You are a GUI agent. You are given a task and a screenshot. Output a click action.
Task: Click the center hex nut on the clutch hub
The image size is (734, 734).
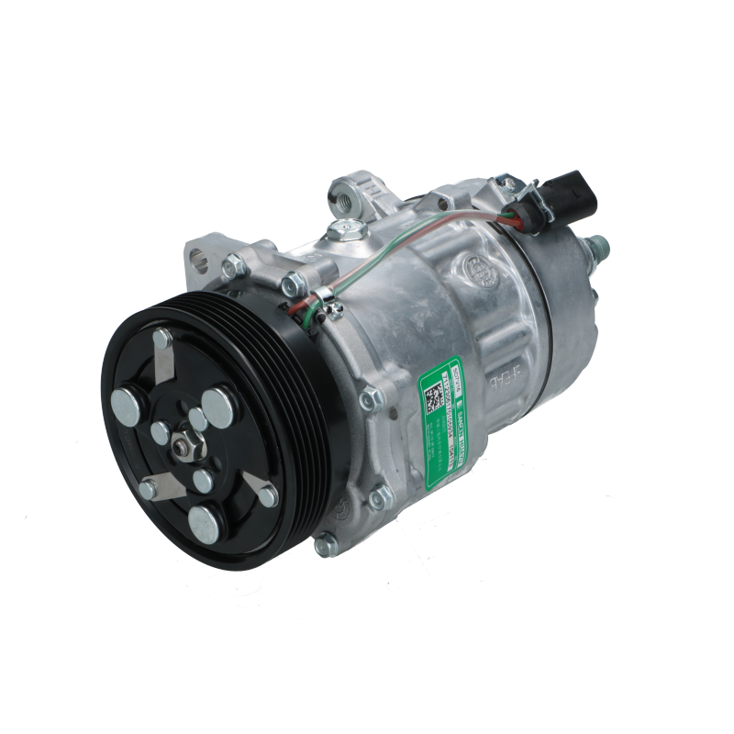tap(182, 446)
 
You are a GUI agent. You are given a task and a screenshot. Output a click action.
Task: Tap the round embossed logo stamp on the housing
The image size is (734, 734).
tap(476, 268)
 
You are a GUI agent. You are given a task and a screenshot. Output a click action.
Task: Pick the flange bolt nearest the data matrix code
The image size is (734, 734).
tap(372, 400)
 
